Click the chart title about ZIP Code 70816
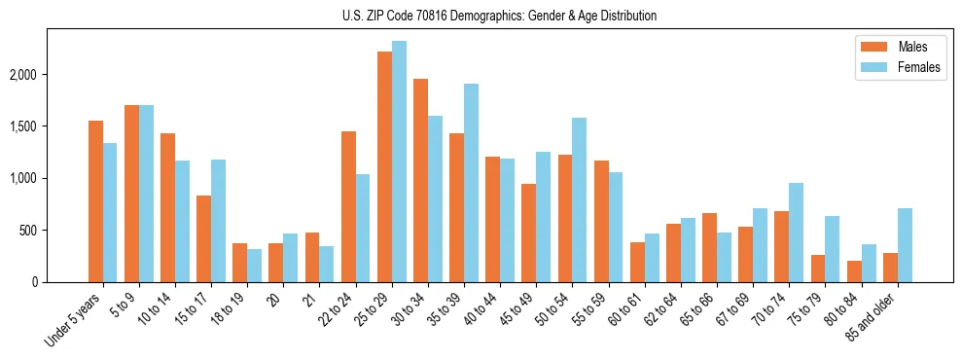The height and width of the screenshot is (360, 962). point(500,16)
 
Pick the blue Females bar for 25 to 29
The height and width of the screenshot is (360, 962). point(399,162)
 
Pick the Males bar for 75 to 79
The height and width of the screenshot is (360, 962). point(818,269)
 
